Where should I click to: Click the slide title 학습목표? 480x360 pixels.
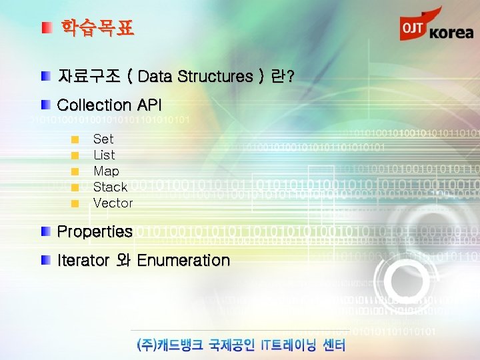click(x=97, y=28)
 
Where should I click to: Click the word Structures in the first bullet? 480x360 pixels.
click(x=213, y=77)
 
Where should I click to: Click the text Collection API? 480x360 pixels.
click(x=109, y=105)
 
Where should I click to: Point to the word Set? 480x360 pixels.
click(x=103, y=139)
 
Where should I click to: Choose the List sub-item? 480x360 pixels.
click(x=104, y=155)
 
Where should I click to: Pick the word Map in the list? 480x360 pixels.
click(x=106, y=171)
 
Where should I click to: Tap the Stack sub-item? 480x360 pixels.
click(x=110, y=187)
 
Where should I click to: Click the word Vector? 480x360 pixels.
click(x=113, y=203)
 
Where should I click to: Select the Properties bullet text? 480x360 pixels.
click(x=95, y=231)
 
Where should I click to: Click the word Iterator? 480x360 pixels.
click(x=83, y=260)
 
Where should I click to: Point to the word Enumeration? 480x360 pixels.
click(x=183, y=260)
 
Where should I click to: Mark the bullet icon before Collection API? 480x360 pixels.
click(x=45, y=105)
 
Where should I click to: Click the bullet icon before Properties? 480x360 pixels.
click(x=45, y=231)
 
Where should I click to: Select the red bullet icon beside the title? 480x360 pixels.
click(x=45, y=28)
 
